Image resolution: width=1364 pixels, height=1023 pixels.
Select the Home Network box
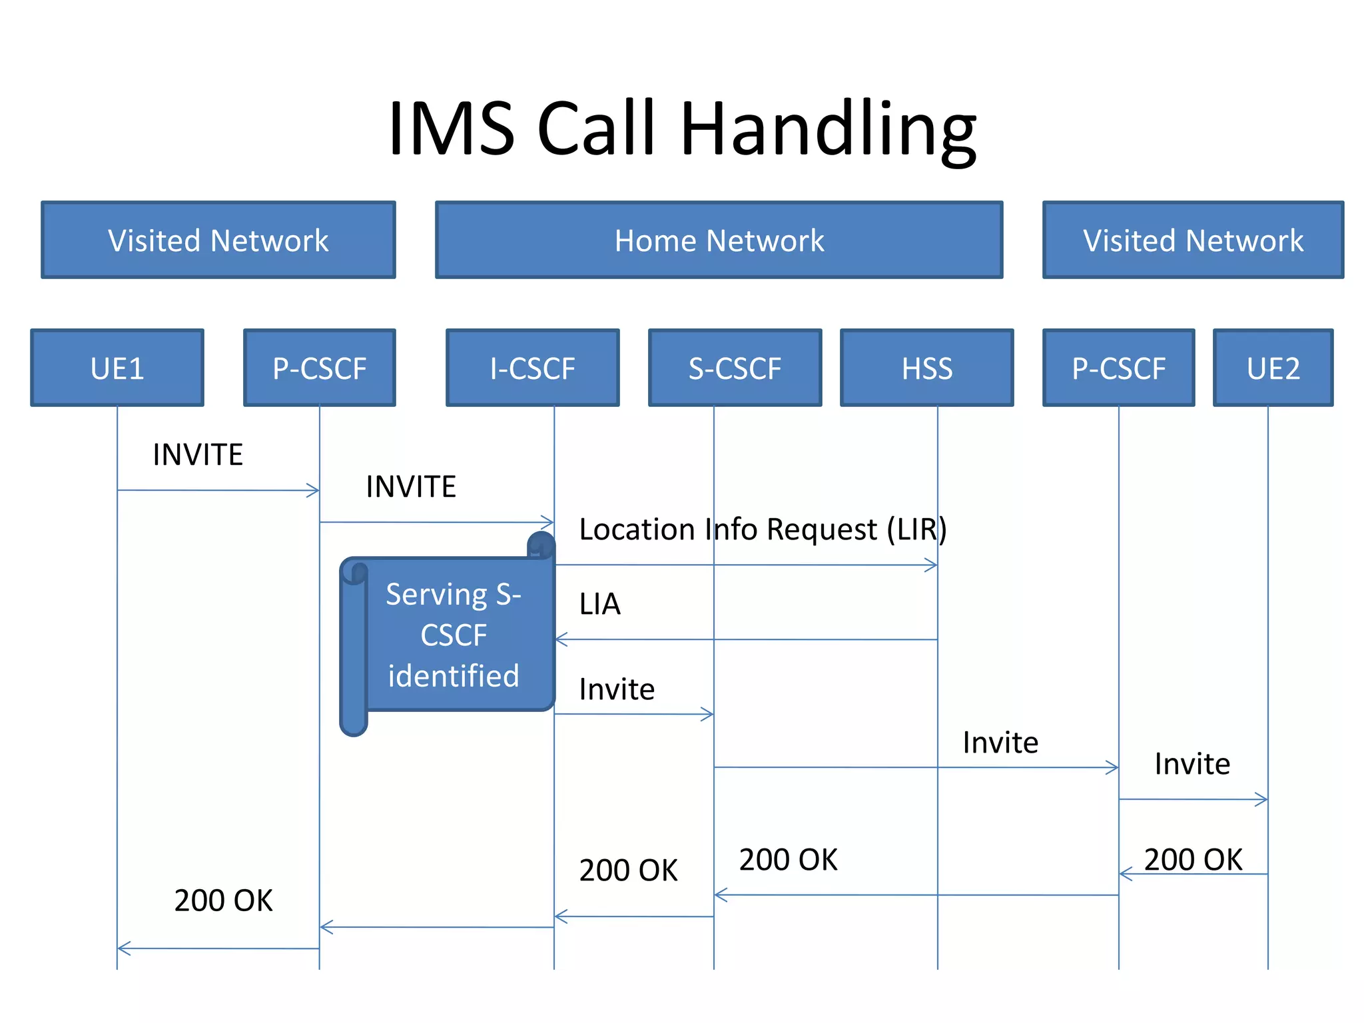pos(719,240)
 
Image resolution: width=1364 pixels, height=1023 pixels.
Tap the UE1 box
pos(117,368)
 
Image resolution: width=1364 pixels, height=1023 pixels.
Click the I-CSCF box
pos(532,368)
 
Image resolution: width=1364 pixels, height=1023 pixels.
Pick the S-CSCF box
pos(735,368)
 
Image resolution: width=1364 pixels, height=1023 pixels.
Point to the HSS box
pos(926,368)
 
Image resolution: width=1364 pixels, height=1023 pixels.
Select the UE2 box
pos(1273,368)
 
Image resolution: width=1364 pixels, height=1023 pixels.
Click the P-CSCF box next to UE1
pos(319,368)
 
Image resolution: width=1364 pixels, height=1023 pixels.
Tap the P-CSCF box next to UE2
pos(1118,368)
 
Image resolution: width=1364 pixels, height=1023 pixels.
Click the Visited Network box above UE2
pos(1193,240)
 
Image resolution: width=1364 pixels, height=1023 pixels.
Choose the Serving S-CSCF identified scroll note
pos(453,635)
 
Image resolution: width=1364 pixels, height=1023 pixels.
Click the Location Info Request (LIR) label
pos(763,529)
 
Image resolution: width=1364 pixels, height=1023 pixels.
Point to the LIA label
pos(599,604)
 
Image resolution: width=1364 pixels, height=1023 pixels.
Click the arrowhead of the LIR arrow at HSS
pos(932,565)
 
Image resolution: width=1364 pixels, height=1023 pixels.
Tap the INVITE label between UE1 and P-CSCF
pos(198,455)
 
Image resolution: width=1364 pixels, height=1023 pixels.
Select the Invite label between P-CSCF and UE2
pos(1192,764)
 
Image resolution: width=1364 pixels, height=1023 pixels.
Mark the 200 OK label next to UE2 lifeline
pos(1193,860)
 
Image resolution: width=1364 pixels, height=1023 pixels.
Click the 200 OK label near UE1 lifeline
pos(223,900)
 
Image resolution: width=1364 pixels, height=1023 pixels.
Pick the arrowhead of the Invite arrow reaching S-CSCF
pos(709,715)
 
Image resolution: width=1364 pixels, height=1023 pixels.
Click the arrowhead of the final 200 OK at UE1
pos(123,948)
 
